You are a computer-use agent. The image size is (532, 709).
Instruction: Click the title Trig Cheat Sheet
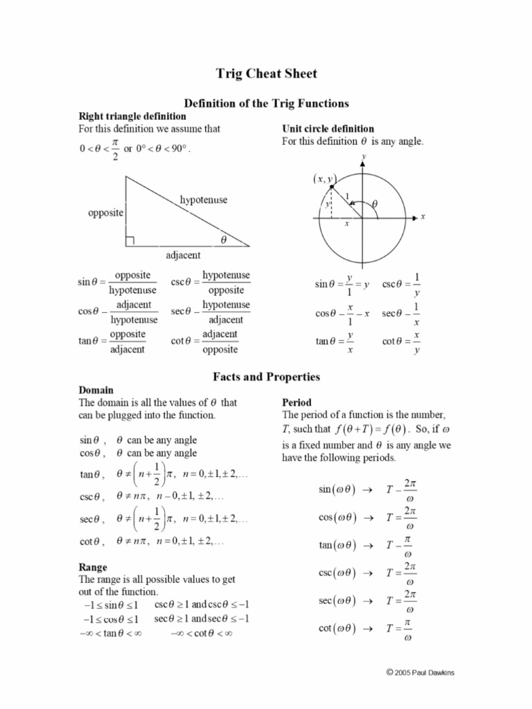266,74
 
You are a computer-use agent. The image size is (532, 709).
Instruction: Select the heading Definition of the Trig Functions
266,103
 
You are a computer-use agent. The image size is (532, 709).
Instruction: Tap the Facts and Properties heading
266,377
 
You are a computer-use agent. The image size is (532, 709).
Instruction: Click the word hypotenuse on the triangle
204,200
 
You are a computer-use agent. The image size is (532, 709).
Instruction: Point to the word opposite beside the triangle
105,213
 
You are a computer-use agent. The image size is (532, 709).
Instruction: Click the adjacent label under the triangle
183,255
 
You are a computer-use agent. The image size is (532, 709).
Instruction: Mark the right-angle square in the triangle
130,241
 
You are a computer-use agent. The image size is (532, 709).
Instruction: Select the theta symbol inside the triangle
223,239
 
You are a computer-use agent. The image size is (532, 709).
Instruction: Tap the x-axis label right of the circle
423,217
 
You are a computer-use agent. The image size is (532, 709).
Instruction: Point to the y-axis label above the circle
364,157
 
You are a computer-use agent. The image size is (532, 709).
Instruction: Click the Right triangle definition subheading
132,116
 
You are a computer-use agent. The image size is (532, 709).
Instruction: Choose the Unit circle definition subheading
328,129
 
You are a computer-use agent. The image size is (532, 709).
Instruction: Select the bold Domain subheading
96,390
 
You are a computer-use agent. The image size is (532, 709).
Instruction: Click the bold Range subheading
93,567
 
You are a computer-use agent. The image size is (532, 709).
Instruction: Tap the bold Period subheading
296,402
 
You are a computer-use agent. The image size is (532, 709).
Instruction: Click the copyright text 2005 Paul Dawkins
424,672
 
